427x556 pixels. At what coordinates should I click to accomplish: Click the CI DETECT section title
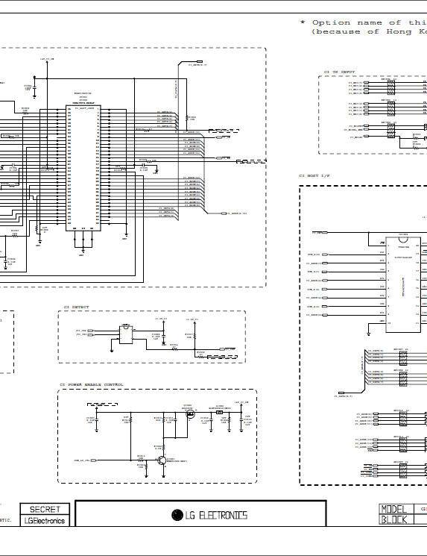76,307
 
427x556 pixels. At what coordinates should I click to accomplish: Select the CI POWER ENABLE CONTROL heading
92,384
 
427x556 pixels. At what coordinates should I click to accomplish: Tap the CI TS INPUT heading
339,72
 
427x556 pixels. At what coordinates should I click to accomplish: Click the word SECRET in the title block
45,509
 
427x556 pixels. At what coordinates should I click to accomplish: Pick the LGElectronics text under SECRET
45,520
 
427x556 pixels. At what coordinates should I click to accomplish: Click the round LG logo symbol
177,515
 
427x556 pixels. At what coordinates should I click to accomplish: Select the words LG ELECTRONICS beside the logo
216,515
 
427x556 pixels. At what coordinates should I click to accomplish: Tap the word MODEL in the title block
394,509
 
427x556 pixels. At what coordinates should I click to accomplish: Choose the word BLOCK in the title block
394,520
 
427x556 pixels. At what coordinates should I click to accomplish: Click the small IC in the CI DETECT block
124,335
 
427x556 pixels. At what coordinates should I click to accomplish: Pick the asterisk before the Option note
303,22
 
